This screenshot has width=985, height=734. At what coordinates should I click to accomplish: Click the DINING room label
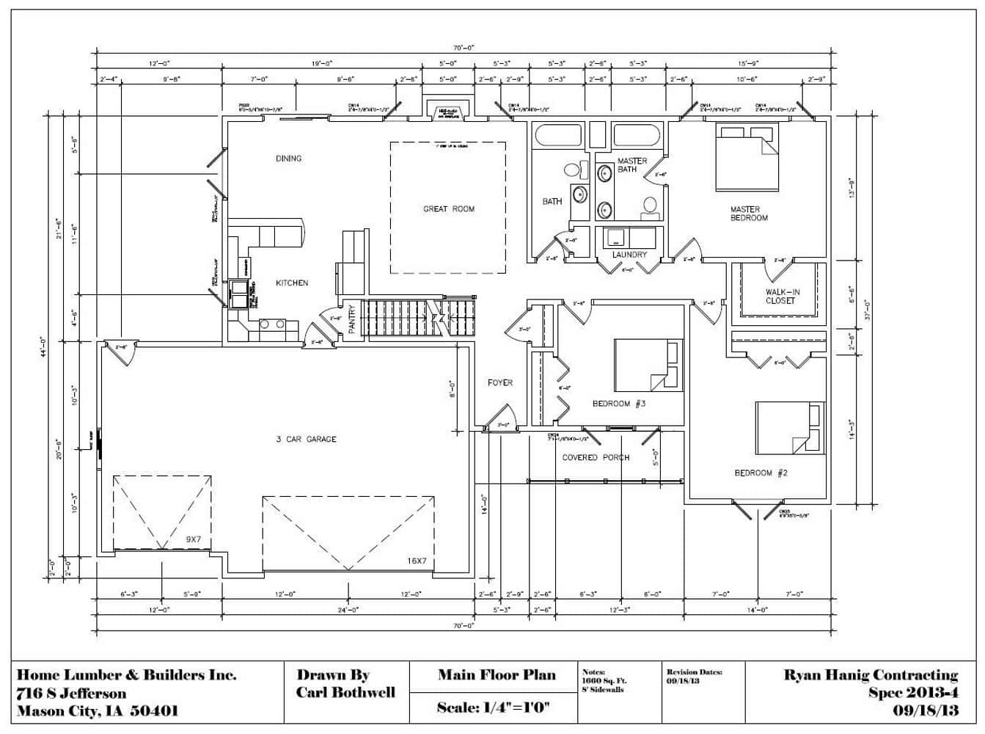pyautogui.click(x=288, y=159)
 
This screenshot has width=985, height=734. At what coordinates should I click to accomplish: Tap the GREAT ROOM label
pyautogui.click(x=448, y=209)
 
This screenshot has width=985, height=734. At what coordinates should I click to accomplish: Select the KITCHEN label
pyautogui.click(x=291, y=283)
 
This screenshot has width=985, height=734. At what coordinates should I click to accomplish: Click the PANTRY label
pyautogui.click(x=352, y=319)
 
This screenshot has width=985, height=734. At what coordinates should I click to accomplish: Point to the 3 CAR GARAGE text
pyautogui.click(x=306, y=440)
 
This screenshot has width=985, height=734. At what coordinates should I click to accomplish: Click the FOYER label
pyautogui.click(x=500, y=383)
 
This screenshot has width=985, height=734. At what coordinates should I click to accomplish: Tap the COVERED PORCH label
pyautogui.click(x=596, y=458)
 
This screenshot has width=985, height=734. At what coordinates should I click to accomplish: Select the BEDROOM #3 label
pyautogui.click(x=619, y=404)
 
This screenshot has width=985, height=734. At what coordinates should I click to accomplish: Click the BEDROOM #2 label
pyautogui.click(x=761, y=473)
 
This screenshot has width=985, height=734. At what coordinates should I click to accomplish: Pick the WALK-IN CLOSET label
pyautogui.click(x=783, y=297)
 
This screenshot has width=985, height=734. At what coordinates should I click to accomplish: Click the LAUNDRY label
pyautogui.click(x=629, y=255)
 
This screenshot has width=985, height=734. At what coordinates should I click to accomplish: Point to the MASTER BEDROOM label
pyautogui.click(x=749, y=214)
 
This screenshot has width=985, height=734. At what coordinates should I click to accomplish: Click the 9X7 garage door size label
pyautogui.click(x=193, y=539)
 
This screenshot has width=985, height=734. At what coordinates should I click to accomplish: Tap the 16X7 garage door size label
pyautogui.click(x=417, y=562)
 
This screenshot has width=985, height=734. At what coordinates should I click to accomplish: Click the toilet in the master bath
pyautogui.click(x=650, y=206)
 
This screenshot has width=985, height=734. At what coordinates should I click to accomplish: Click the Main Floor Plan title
pyautogui.click(x=497, y=675)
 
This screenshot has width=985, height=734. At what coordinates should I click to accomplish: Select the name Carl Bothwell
pyautogui.click(x=345, y=693)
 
